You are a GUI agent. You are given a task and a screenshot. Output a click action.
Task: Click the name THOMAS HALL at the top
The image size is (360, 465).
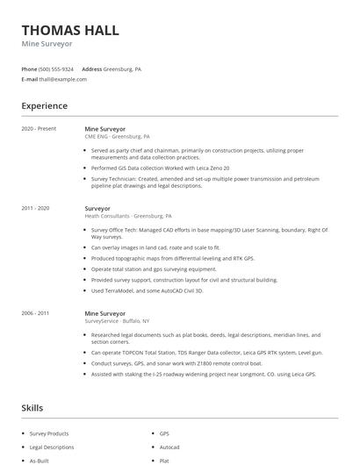click(70, 30)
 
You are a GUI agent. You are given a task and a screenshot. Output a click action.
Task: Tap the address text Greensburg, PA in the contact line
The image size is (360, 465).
click(123, 68)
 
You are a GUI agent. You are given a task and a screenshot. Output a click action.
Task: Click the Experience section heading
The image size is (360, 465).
click(45, 106)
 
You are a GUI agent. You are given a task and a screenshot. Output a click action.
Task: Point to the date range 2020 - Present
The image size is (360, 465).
click(39, 129)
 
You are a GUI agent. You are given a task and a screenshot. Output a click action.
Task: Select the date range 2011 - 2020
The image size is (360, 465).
click(36, 208)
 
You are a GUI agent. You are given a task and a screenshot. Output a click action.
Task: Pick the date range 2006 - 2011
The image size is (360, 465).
click(36, 313)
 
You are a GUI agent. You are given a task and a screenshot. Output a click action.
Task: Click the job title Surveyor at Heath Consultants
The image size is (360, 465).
click(98, 208)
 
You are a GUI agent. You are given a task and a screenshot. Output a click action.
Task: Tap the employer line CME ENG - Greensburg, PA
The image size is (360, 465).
click(117, 137)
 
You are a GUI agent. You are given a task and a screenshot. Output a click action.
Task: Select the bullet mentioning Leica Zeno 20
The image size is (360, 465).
click(148, 167)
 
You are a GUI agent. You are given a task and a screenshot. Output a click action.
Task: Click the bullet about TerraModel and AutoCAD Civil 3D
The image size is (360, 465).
click(147, 290)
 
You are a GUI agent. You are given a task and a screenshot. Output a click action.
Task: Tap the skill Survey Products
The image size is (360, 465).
click(49, 433)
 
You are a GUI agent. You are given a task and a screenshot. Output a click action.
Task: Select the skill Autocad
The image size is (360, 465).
click(170, 447)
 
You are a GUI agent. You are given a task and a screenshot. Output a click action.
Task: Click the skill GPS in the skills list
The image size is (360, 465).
click(164, 433)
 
